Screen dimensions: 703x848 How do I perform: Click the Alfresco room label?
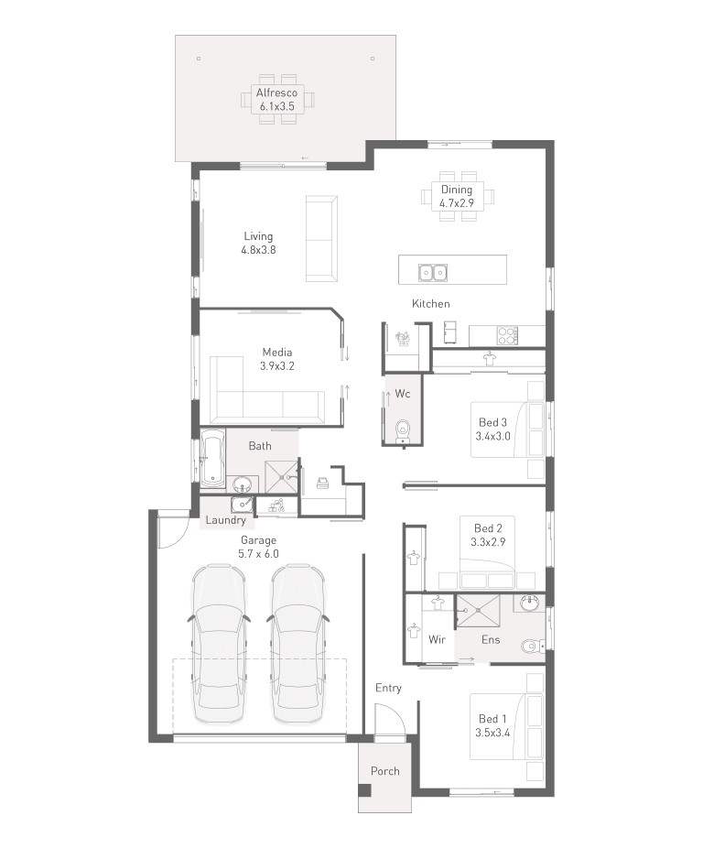(x=276, y=92)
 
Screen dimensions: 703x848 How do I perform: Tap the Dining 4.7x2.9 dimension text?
(x=457, y=203)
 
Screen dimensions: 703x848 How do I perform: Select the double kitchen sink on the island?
(x=433, y=273)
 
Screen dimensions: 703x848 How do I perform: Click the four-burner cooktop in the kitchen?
(x=508, y=335)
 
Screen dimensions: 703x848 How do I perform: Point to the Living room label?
(x=258, y=236)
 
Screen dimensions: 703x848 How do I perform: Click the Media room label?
(x=276, y=352)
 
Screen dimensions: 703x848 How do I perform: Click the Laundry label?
(x=225, y=520)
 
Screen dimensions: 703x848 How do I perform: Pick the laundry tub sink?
(x=241, y=505)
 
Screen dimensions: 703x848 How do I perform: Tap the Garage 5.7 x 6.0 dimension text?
(x=258, y=554)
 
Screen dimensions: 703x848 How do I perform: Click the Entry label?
(x=388, y=688)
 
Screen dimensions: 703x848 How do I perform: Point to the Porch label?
(x=385, y=771)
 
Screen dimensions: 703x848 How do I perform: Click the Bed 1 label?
(x=492, y=719)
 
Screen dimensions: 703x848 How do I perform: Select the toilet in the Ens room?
(x=533, y=646)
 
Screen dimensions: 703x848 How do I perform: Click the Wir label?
(x=437, y=640)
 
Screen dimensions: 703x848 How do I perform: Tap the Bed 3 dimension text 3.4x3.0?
(x=492, y=436)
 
